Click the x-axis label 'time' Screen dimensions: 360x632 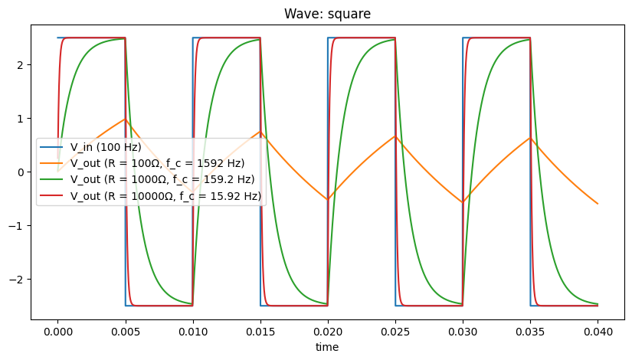pyautogui.click(x=328, y=347)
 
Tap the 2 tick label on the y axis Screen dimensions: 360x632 pyautogui.click(x=22, y=65)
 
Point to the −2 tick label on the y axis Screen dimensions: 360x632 pyautogui.click(x=19, y=279)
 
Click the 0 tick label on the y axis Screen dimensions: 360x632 pyautogui.click(x=22, y=172)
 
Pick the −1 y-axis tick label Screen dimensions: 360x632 pyautogui.click(x=19, y=225)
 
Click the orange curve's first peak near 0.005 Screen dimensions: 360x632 pyautogui.click(x=125, y=119)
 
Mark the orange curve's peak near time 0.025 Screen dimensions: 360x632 pyautogui.click(x=395, y=136)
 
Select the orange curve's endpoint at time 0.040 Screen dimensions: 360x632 pyautogui.click(x=598, y=204)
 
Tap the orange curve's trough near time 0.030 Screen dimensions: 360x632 pyautogui.click(x=463, y=202)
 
